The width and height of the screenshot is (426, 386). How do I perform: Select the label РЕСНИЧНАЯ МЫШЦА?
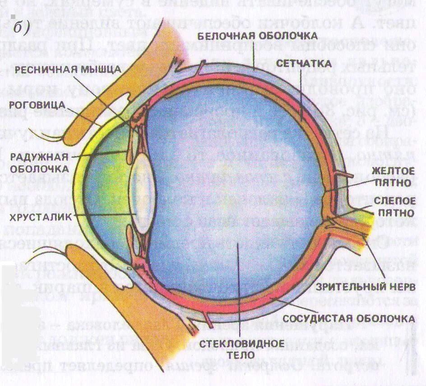pyautogui.click(x=68, y=69)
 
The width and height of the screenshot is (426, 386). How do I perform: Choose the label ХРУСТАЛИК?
pyautogui.click(x=40, y=217)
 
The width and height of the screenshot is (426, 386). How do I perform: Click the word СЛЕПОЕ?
pyautogui.click(x=392, y=200)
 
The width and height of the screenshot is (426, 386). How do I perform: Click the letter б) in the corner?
pyautogui.click(x=21, y=28)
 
